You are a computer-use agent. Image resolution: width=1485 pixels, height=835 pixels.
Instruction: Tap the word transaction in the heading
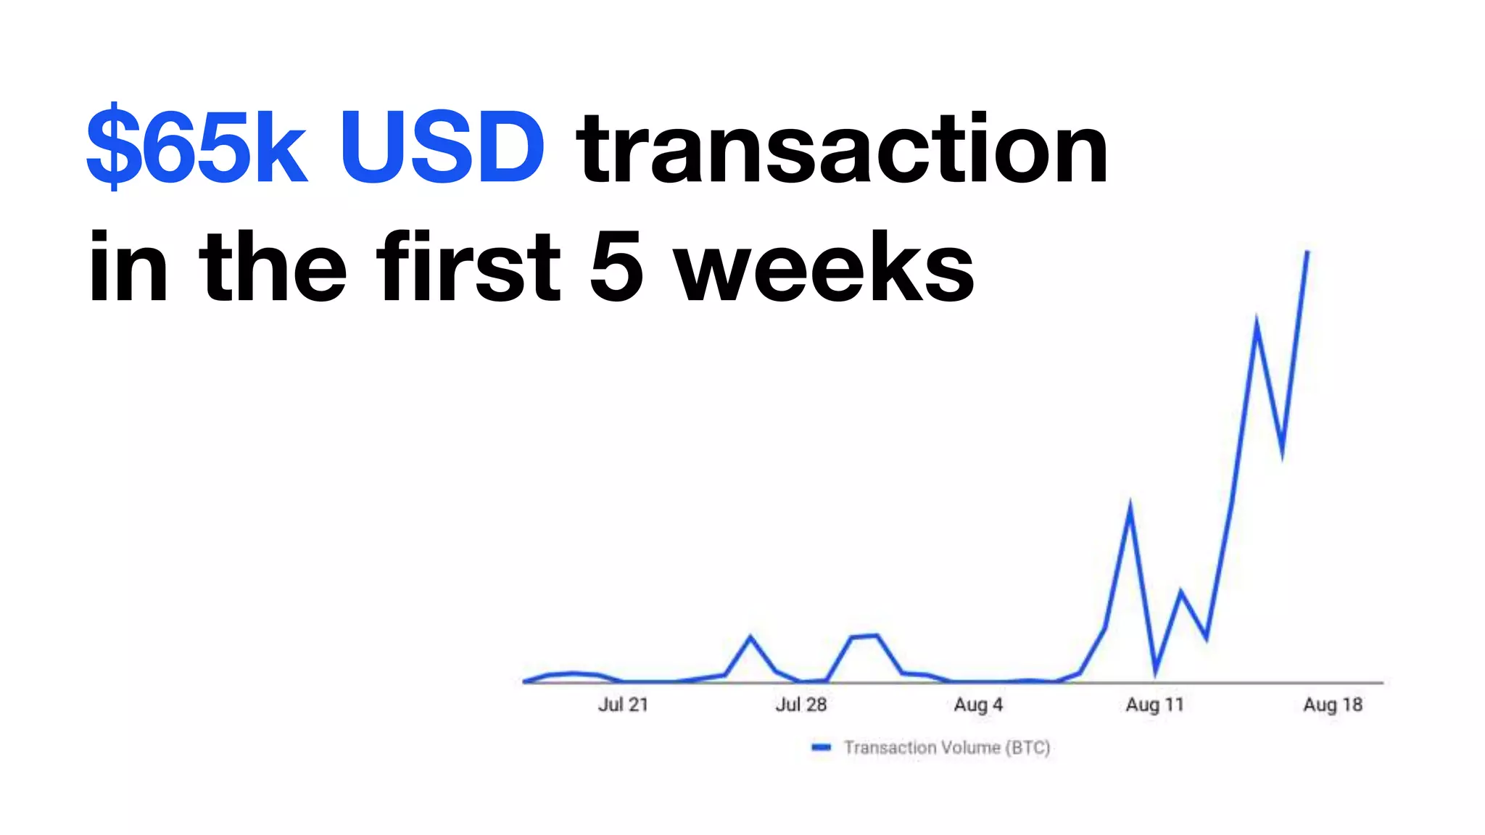[x=842, y=149]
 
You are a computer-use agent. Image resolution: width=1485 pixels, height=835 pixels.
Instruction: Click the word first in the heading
[x=468, y=266]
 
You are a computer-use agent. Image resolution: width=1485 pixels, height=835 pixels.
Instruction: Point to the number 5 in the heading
[x=616, y=266]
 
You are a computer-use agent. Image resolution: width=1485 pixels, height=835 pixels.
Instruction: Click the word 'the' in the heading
[x=273, y=266]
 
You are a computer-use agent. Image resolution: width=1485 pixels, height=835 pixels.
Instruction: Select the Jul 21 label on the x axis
[x=623, y=705]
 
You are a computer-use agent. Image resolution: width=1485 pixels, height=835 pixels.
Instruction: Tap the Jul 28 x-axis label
[x=801, y=705]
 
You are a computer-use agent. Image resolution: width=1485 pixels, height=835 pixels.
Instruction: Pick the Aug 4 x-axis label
[x=978, y=705]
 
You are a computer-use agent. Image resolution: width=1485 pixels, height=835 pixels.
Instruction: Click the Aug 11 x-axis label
[x=1154, y=705]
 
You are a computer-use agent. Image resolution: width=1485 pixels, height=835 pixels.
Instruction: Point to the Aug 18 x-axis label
[x=1333, y=705]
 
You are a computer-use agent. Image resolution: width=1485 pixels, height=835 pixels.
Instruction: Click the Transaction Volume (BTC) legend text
[x=947, y=747]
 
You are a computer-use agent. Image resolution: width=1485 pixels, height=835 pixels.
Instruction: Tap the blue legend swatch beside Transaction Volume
[x=821, y=747]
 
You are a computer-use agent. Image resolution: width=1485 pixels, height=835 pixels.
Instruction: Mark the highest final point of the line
[x=1307, y=252]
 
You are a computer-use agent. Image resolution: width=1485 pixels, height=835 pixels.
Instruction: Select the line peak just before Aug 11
[x=1130, y=504]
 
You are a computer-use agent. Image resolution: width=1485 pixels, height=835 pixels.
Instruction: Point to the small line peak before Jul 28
[x=750, y=637]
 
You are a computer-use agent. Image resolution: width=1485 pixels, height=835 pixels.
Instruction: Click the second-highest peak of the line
[x=1256, y=320]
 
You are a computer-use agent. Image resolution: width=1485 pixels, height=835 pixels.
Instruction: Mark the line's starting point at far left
[x=524, y=681]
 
